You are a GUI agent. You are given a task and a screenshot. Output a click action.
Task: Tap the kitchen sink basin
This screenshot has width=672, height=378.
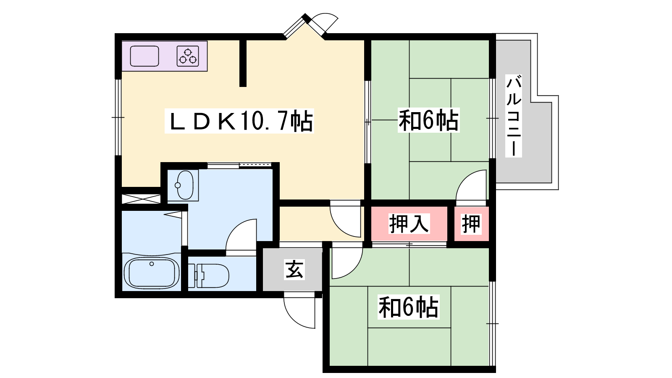coord(144,56)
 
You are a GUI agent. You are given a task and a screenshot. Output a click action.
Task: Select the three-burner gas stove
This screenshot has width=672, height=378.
coord(188,56)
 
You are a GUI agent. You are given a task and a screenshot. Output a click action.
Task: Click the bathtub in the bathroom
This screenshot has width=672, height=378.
coord(152,273)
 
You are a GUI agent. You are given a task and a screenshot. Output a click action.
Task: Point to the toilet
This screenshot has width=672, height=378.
coord(208,276)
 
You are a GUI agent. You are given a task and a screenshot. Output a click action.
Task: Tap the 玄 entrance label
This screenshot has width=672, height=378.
coord(294,269)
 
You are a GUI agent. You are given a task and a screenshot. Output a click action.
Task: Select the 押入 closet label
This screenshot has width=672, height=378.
coord(409,223)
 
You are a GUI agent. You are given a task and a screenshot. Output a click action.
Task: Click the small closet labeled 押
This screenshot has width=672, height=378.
coord(471,224)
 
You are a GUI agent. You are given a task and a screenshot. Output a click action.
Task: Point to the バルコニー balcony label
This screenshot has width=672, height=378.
coord(514,116)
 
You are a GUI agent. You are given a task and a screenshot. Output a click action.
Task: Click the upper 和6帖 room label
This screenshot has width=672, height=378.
coord(428,120)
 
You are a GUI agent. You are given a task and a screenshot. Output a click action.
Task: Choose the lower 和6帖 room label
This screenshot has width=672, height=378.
coord(408,307)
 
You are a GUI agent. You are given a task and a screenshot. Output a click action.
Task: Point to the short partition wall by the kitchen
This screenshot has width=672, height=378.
coord(243,63)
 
